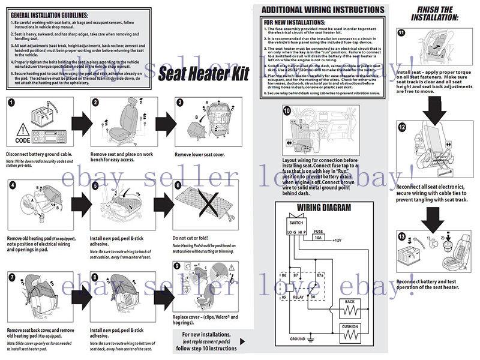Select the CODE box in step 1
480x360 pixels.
[23, 140]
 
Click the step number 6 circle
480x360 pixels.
[178, 185]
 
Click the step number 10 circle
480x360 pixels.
[287, 110]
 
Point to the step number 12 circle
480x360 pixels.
[401, 127]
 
